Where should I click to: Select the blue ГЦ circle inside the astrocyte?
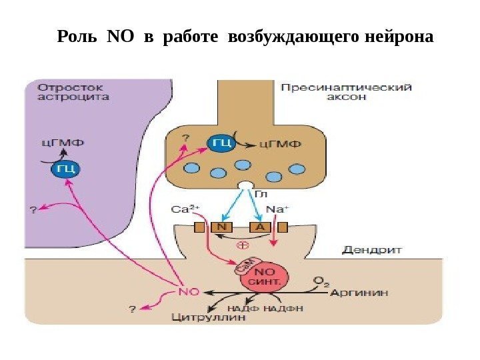65,168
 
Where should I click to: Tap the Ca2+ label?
186,208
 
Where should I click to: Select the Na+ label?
277,209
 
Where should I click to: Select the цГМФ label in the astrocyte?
59,142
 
